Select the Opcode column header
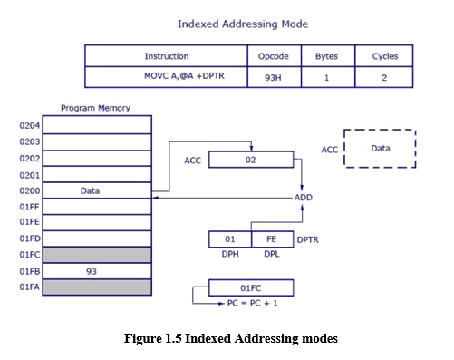(273, 56)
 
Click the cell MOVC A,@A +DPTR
(166, 78)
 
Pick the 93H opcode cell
(273, 78)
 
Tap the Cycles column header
(385, 56)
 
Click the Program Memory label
(95, 108)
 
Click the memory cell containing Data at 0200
(98, 191)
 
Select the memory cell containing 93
(98, 271)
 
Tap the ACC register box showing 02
(251, 160)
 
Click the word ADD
(303, 197)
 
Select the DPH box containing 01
(230, 239)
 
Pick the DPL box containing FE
(271, 239)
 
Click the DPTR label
(309, 239)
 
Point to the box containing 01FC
(251, 288)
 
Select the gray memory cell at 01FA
(98, 287)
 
